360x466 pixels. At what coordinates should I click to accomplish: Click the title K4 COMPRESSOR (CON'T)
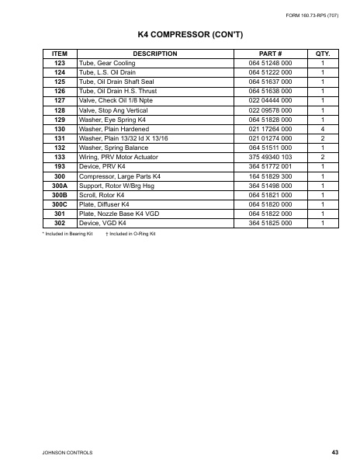(x=180, y=36)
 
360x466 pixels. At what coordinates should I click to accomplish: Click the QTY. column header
(x=323, y=54)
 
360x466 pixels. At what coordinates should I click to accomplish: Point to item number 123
(x=59, y=62)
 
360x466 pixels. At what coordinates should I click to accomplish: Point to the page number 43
(x=334, y=451)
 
